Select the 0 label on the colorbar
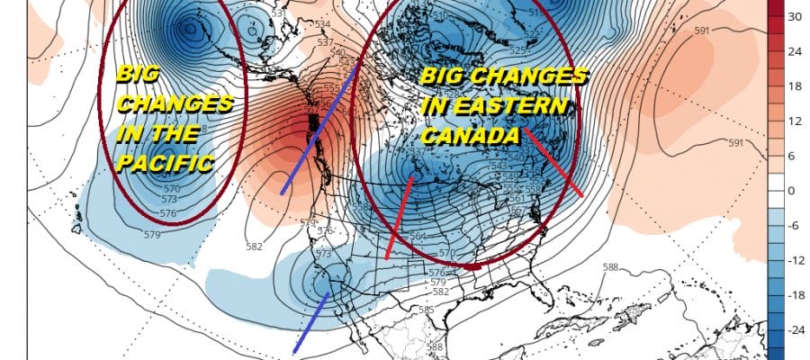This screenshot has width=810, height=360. tap(792, 191)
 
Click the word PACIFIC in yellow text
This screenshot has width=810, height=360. tap(165, 163)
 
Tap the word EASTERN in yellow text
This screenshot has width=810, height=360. tap(525, 106)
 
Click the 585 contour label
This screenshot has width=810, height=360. tap(426, 310)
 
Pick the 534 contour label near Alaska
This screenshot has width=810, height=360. tap(323, 23)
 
